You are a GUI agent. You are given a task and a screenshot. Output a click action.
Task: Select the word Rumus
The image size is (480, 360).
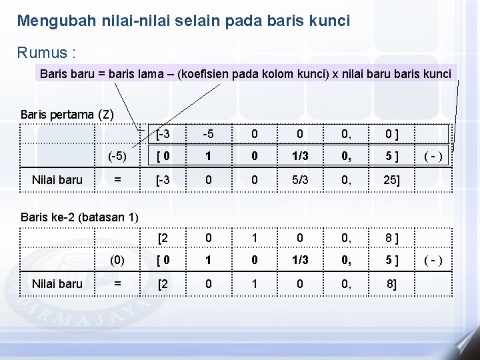(39, 52)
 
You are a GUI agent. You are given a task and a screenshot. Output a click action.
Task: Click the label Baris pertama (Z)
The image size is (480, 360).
(67, 114)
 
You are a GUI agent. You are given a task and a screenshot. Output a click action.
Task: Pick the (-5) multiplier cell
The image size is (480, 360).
(117, 157)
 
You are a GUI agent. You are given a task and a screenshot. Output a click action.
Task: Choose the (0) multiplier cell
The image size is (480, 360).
(117, 260)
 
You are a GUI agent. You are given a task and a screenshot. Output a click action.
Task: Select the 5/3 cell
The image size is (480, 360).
(299, 179)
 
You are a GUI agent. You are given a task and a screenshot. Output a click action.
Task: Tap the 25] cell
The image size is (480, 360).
(390, 179)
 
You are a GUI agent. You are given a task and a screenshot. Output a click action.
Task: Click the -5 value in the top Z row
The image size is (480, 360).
(209, 134)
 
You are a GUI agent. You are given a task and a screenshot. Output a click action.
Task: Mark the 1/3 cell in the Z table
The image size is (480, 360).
(299, 157)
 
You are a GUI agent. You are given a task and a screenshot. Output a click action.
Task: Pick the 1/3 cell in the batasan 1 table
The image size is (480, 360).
(299, 260)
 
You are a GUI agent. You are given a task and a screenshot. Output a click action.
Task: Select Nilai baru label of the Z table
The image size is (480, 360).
(57, 179)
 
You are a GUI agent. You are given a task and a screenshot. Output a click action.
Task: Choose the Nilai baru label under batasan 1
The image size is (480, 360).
(57, 283)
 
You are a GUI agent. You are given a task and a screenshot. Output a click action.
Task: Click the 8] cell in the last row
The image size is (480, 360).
(390, 283)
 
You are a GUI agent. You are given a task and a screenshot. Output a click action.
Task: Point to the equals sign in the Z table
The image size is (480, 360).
(117, 179)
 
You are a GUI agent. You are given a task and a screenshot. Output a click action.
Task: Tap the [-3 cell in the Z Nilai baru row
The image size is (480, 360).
(163, 179)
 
